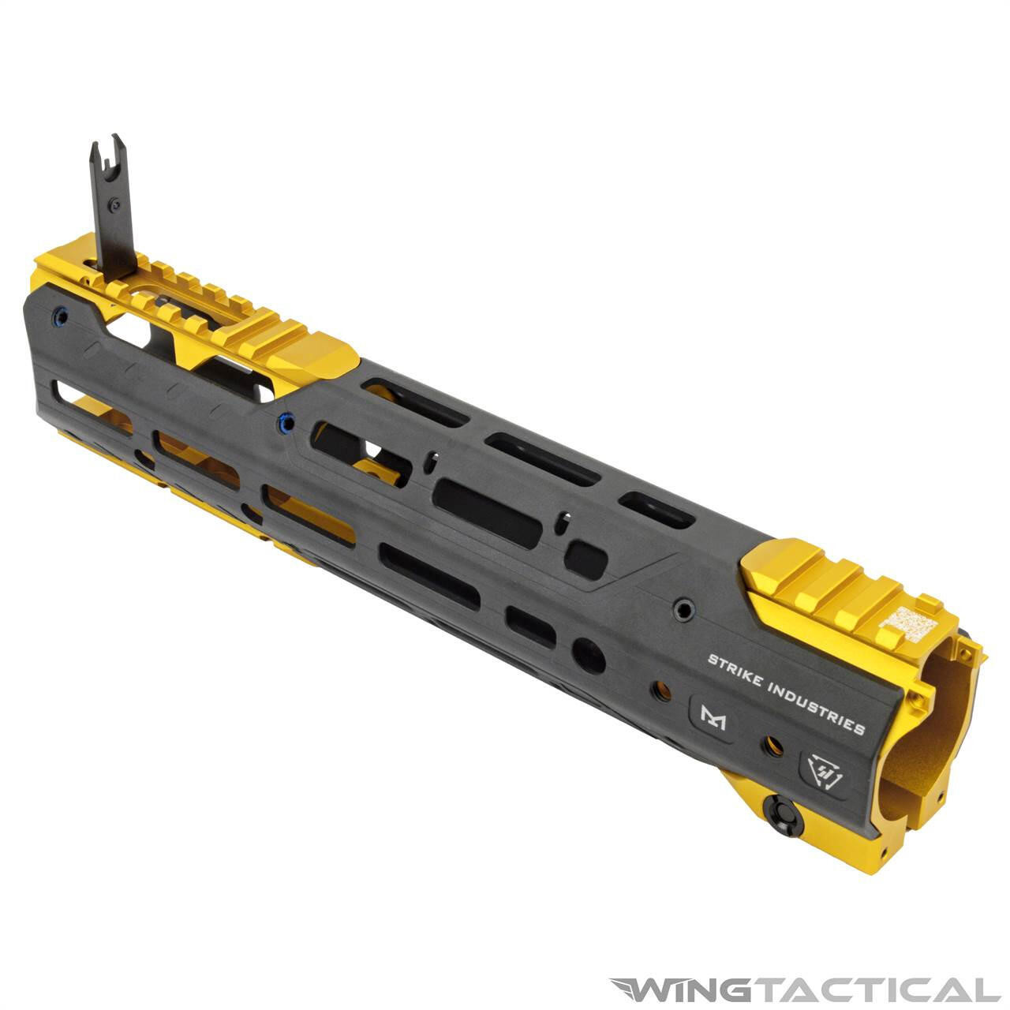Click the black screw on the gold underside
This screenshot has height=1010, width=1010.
click(x=784, y=814)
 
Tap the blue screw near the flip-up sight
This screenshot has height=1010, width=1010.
click(x=60, y=318)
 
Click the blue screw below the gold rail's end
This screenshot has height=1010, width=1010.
click(x=287, y=423)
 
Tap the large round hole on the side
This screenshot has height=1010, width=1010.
click(x=588, y=654)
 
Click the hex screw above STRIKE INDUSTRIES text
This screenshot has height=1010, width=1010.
click(x=684, y=609)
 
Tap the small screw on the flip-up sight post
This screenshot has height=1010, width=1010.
click(x=115, y=205)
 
